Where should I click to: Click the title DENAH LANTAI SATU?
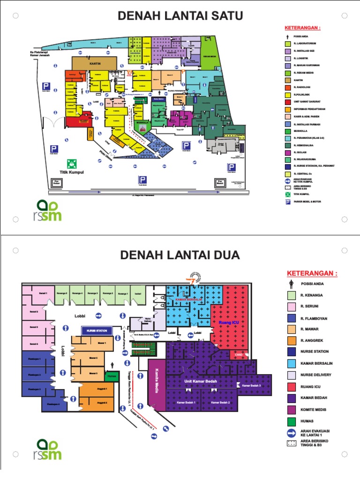coord(180,16)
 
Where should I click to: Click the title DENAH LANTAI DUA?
coord(180,255)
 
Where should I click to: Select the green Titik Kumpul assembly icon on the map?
coord(72,164)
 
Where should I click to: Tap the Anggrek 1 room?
coord(102,389)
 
